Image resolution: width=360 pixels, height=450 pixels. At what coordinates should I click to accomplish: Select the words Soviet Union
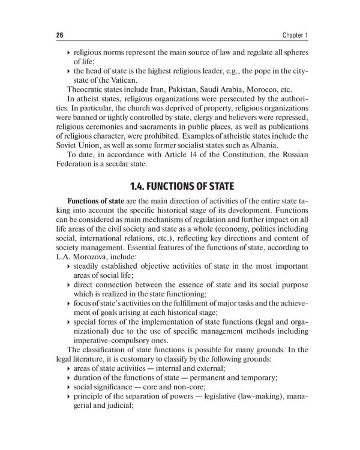pos(74,145)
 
